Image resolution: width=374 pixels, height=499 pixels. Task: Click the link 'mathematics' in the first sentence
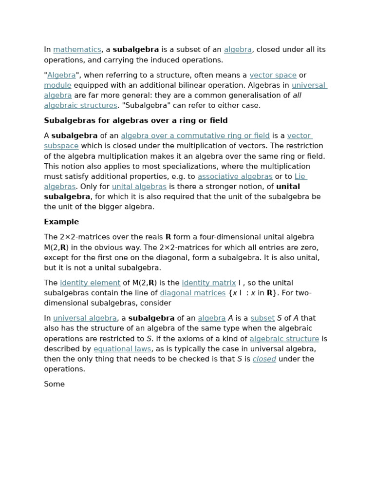click(77, 50)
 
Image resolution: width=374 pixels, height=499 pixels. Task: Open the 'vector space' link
click(273, 75)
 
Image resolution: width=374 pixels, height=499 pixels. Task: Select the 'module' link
click(57, 85)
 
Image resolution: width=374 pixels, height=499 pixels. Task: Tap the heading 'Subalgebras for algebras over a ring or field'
click(136, 120)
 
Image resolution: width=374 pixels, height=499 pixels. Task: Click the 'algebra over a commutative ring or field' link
click(195, 136)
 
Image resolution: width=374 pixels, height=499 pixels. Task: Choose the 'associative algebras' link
click(235, 176)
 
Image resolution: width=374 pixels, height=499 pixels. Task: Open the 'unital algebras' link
click(139, 187)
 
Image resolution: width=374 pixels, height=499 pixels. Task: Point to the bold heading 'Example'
click(61, 222)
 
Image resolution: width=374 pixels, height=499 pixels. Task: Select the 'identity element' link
click(90, 283)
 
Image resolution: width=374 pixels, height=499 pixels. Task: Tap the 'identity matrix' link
click(208, 283)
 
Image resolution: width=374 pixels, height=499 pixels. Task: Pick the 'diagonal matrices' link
click(192, 293)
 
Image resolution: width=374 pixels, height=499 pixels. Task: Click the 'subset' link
click(262, 318)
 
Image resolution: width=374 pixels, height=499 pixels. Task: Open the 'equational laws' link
click(122, 349)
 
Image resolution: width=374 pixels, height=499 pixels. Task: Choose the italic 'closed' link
click(264, 359)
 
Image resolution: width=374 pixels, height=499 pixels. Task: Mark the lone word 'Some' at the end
click(54, 384)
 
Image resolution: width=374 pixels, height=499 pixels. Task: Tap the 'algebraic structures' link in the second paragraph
click(80, 106)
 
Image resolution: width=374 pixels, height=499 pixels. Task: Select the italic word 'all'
click(297, 96)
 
